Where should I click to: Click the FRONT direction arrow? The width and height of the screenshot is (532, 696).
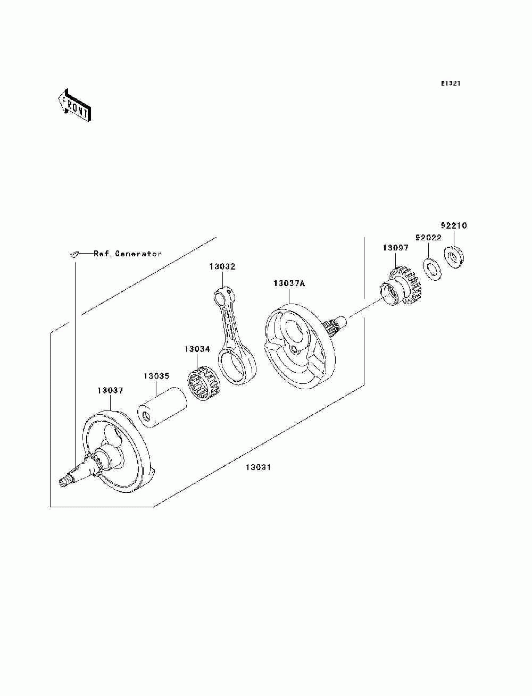(74, 106)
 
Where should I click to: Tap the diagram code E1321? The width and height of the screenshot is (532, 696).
(450, 83)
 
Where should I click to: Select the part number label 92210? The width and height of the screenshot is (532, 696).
(453, 225)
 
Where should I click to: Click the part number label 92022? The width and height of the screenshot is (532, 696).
(428, 238)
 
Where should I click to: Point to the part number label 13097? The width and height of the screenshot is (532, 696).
(396, 248)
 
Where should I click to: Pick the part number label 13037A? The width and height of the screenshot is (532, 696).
(289, 283)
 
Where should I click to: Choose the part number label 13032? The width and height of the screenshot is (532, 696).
(222, 266)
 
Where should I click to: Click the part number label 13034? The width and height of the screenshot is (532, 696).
(197, 349)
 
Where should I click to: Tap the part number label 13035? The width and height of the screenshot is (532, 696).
(156, 376)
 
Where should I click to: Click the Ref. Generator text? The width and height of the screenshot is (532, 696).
(128, 254)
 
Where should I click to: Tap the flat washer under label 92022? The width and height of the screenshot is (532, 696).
(432, 269)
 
